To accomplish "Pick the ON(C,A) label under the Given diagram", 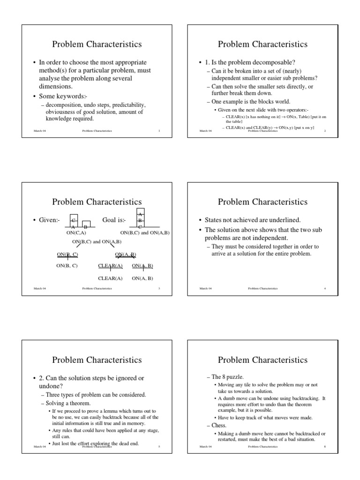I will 76,232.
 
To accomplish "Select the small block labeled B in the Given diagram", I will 86,225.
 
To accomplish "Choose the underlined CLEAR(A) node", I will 110,266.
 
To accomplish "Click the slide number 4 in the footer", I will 325,289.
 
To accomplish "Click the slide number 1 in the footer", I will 159,131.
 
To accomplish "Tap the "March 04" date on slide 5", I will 39,447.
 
